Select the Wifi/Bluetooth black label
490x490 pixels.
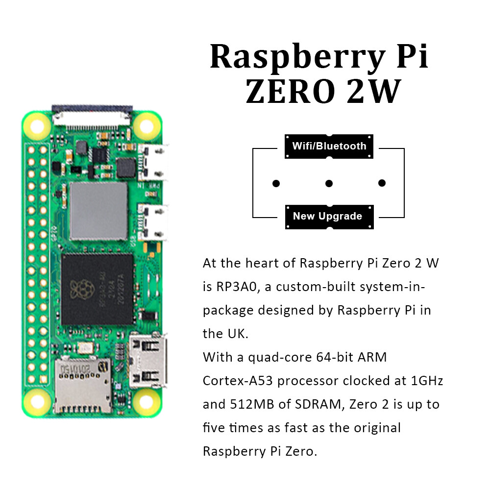pyautogui.click(x=329, y=146)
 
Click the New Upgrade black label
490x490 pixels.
pyautogui.click(x=327, y=216)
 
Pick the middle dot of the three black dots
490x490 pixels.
pyautogui.click(x=329, y=183)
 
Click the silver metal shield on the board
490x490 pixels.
pyautogui.click(x=98, y=211)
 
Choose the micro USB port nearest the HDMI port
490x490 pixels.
pyautogui.click(x=153, y=223)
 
